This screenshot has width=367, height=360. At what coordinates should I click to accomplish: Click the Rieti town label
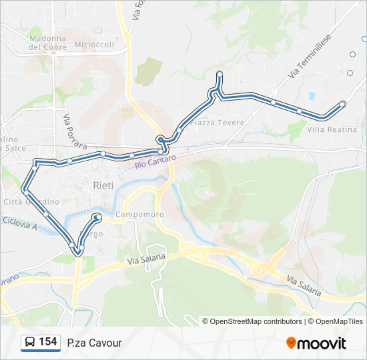103,185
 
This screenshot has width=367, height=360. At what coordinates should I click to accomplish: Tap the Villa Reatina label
332,129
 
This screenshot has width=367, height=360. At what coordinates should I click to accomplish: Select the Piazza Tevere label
217,123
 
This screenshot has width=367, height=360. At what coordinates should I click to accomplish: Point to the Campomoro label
139,215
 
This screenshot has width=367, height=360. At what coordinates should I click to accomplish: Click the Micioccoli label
95,45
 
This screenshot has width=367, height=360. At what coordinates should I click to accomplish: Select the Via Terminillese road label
310,58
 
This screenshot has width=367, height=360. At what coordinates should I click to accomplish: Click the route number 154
47,342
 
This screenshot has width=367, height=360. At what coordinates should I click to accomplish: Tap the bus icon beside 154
29,343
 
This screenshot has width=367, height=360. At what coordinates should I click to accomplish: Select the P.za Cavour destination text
94,343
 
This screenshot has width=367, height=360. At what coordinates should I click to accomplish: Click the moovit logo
316,343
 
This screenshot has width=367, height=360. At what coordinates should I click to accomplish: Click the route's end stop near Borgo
97,217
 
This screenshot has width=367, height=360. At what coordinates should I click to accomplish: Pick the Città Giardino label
31,201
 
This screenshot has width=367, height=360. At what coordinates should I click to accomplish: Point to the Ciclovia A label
18,222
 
